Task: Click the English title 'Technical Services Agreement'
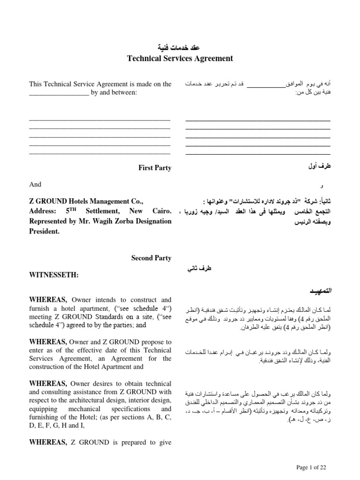pos(180,59)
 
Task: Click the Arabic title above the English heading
pos(180,48)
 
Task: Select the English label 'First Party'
pos(154,168)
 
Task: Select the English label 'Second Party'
pos(151,258)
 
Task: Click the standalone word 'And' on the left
pos(35,185)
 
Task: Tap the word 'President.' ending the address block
pos(45,231)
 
